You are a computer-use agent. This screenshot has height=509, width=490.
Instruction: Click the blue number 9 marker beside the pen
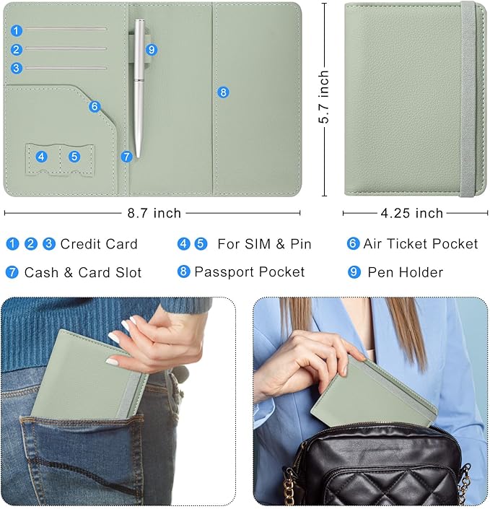click(152, 50)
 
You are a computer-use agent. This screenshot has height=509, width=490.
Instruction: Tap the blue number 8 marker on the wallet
click(223, 92)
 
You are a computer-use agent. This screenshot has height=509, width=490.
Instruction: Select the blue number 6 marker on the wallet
click(95, 106)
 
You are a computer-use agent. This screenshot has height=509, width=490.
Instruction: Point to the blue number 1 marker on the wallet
click(17, 31)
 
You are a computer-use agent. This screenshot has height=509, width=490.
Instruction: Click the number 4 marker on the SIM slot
click(41, 157)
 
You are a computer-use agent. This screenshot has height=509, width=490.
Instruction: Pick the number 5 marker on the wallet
click(74, 157)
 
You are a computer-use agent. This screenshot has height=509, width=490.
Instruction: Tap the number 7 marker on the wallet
click(126, 157)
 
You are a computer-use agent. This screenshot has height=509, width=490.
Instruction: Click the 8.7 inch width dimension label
click(154, 213)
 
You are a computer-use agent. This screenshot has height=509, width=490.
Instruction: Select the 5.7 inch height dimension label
click(323, 97)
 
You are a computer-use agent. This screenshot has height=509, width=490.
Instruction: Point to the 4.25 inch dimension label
click(412, 213)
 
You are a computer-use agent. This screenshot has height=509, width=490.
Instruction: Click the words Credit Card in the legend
click(99, 244)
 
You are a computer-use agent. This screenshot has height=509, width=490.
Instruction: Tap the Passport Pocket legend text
click(250, 272)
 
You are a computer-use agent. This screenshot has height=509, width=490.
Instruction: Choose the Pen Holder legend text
click(406, 272)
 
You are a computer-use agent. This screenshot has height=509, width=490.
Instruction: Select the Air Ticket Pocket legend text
click(421, 244)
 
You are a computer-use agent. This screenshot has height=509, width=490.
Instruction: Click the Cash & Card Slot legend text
click(83, 272)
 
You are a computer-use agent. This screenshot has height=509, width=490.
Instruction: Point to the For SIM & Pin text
click(264, 244)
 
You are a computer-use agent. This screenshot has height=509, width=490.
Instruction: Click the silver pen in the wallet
click(139, 88)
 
